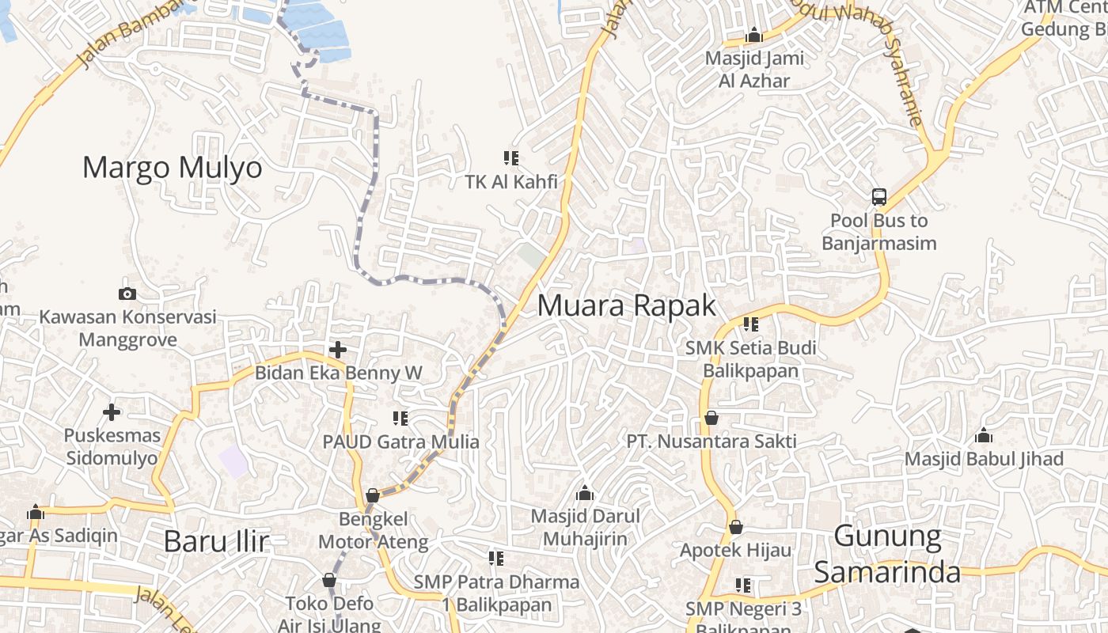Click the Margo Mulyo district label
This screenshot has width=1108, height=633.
tap(172, 168)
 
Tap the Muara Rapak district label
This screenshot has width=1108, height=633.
tap(626, 305)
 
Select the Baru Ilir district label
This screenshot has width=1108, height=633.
tap(216, 542)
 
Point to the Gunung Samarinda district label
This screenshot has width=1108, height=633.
tap(887, 555)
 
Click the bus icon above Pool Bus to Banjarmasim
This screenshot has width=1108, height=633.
tap(878, 197)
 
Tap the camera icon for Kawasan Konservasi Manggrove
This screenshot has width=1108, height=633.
tap(127, 294)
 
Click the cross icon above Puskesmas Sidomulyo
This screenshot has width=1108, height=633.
tap(112, 412)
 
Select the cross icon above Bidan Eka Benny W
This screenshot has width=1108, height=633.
tap(338, 349)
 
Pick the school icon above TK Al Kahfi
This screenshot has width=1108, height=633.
tap(511, 158)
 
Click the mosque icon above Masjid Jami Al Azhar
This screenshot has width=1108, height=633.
tap(753, 35)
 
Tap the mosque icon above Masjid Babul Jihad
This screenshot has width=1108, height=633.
tap(984, 435)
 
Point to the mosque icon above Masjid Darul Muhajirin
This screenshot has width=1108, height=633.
tap(585, 493)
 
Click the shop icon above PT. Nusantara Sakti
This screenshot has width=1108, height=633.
tap(711, 418)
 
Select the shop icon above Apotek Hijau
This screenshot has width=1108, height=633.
tap(735, 526)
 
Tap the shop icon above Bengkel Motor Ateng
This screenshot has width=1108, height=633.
tap(373, 496)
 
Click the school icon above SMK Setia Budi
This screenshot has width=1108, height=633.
tap(750, 324)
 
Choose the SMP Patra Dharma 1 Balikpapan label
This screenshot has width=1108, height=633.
tap(496, 593)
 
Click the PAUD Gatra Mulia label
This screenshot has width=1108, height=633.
tap(400, 442)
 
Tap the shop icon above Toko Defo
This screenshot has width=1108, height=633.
tap(329, 580)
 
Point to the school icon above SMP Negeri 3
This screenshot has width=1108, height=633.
tap(742, 586)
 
